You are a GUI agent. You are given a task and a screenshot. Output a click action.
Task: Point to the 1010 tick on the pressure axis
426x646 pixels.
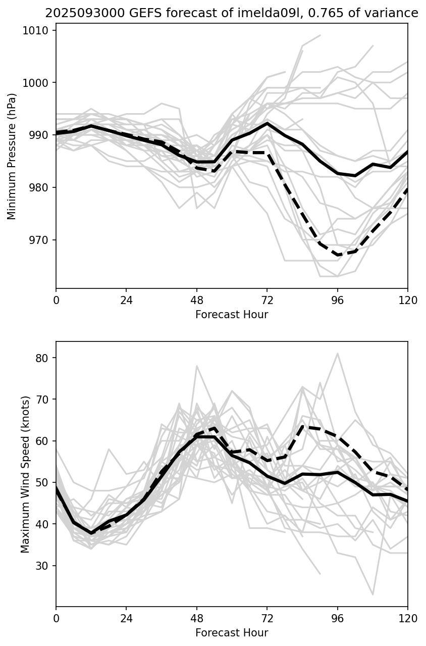(x=38, y=31)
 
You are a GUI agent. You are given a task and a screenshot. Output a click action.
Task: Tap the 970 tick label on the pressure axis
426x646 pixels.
(x=41, y=240)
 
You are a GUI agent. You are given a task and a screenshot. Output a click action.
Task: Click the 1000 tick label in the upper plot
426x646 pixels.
(x=38, y=83)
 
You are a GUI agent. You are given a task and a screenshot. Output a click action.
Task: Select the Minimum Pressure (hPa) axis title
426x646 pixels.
(x=12, y=156)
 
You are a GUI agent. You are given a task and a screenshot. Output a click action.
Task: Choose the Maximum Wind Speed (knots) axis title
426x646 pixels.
(x=25, y=474)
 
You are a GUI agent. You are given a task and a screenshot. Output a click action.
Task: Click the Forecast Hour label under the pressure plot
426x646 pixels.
(x=232, y=315)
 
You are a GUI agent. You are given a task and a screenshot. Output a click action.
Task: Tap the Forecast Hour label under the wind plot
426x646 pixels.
(x=232, y=633)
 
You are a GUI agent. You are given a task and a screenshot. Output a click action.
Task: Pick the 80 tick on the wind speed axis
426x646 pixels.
(x=43, y=358)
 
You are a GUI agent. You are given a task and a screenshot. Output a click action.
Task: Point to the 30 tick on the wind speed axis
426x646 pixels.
(x=43, y=566)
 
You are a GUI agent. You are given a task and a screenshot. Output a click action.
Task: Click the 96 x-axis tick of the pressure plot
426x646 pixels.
(x=337, y=300)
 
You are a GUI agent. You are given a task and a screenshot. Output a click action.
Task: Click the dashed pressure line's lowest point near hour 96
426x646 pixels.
(x=338, y=255)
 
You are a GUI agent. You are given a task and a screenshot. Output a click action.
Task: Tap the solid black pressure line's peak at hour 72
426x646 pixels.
(x=267, y=123)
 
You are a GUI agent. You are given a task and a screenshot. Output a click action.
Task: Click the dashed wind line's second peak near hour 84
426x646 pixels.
(x=302, y=426)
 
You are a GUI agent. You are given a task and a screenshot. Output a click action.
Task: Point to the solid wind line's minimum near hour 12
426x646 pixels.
(x=91, y=533)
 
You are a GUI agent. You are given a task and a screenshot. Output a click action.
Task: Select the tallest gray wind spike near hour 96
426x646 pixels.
(x=337, y=354)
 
